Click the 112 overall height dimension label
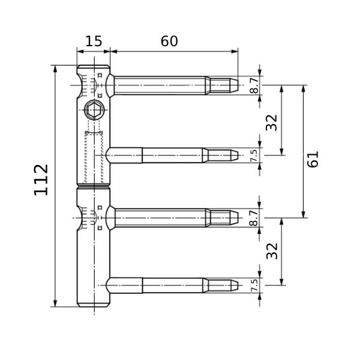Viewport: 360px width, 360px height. (41, 180)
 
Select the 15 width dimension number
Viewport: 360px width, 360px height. (94, 41)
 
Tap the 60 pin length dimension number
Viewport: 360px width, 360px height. (169, 41)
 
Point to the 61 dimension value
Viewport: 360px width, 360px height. (313, 159)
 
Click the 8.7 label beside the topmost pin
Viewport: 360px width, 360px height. (254, 85)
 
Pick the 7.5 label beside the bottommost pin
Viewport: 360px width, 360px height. (254, 286)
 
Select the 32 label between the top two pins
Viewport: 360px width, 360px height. (272, 122)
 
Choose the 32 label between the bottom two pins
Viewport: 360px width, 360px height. (272, 251)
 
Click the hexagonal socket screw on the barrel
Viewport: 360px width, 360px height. (94, 110)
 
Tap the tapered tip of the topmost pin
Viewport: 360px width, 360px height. (235, 85)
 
